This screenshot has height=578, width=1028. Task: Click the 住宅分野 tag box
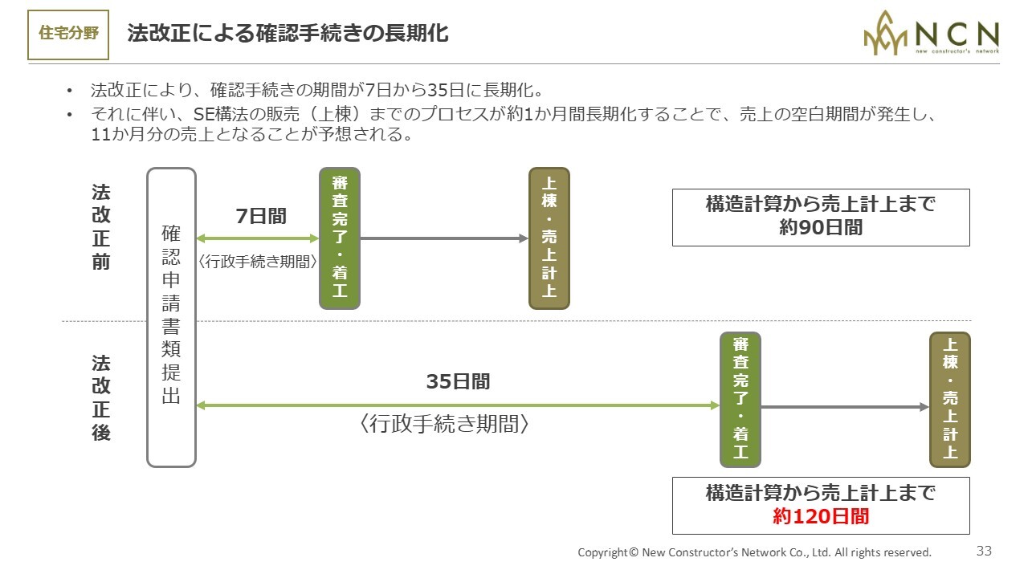pos(68,35)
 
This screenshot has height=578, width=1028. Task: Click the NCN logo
pos(931,33)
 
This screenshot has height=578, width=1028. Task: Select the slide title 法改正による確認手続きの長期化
pos(288,34)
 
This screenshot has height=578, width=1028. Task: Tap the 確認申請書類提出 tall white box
pos(171,317)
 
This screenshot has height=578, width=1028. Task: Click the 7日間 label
pos(261,216)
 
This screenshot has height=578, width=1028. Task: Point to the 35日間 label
pos(458,381)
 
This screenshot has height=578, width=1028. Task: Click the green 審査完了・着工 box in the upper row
pos(340,238)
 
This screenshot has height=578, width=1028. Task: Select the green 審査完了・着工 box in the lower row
pos(740,400)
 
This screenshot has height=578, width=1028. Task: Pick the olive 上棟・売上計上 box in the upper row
pos(549,238)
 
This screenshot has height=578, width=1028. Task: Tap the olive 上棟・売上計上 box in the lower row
pos(950,400)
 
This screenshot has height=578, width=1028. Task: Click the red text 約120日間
pos(821,516)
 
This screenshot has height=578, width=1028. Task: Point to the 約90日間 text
pos(821,227)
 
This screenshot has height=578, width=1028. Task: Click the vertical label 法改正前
pos(101,227)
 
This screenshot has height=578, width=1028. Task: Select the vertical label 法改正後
pos(101,397)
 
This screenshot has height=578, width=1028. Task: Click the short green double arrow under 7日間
pos(258,238)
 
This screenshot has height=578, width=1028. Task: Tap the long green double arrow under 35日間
pos(458,405)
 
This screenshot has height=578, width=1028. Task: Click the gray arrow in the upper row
pos(444,238)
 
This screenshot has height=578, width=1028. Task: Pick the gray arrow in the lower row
pos(845,407)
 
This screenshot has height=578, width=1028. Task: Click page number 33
pos(984,551)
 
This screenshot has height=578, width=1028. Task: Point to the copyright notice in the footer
pos(754,552)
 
